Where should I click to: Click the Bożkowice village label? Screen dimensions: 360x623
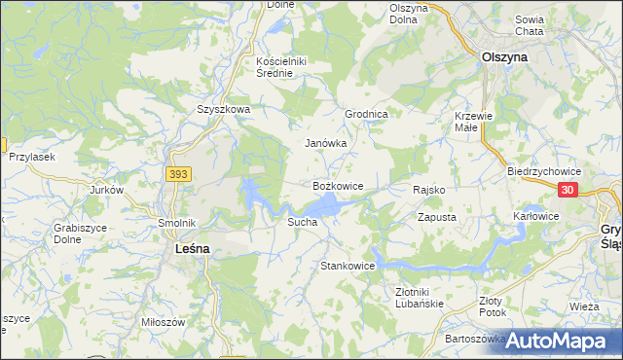(x=338, y=185)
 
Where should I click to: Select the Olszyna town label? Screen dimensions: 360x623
(x=505, y=57)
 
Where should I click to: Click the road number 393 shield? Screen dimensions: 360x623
(x=177, y=174)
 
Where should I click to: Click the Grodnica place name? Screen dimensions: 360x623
(x=367, y=114)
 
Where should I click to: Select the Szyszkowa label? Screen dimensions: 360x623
(x=224, y=110)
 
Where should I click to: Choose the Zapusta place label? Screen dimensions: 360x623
(x=437, y=217)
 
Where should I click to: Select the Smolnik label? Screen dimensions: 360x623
(x=177, y=223)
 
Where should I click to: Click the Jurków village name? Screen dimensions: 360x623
(x=107, y=190)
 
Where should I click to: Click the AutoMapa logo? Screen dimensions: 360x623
(x=556, y=341)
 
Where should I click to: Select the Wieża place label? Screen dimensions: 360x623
(x=585, y=306)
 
